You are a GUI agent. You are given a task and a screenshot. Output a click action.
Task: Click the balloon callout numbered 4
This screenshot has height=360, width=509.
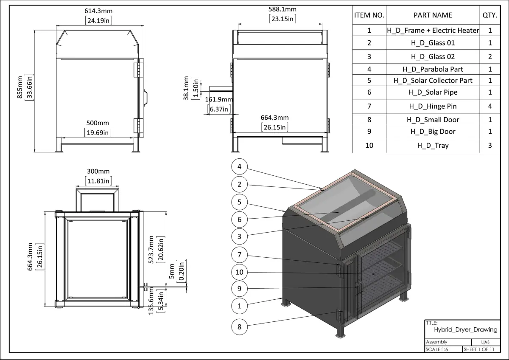coord(240,167)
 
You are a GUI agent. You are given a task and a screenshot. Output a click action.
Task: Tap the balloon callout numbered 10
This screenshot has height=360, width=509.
coord(240,272)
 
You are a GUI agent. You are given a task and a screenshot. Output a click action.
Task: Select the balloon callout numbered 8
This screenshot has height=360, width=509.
coord(240,326)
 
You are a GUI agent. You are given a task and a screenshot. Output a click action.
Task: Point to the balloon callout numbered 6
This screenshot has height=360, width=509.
coord(240,219)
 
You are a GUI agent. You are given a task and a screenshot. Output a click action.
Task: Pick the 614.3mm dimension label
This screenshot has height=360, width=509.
coord(98,11)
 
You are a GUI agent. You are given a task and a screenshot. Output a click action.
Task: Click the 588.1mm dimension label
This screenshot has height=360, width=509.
coord(282,9)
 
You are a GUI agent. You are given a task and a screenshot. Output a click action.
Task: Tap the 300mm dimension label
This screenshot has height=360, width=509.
coord(98,172)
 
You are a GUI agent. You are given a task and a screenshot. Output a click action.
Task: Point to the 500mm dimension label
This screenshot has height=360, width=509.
coord(98,123)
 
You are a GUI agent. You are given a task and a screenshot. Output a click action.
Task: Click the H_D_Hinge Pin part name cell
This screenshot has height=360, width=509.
coord(433,106)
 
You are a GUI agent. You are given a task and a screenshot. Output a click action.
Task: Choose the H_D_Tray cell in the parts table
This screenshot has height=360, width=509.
coord(433,145)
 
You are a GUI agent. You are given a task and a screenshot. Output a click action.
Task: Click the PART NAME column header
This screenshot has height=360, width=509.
coord(433,15)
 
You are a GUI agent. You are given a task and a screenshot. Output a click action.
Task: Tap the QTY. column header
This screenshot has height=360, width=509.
coord(490,15)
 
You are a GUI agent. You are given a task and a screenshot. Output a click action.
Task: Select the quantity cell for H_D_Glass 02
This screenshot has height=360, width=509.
coord(490,56)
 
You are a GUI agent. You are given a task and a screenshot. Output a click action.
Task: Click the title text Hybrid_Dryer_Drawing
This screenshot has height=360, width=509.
coord(466,329)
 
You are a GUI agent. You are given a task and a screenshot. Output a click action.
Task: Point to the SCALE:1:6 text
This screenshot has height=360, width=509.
coord(437,350)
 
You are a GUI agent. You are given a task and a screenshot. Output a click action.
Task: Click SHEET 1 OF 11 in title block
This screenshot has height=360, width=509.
coord(479,350)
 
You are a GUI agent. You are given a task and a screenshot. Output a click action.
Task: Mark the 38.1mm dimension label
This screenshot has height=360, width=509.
coord(186,88)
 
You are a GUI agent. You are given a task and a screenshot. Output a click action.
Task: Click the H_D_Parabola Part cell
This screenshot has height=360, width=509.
coord(433,69)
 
